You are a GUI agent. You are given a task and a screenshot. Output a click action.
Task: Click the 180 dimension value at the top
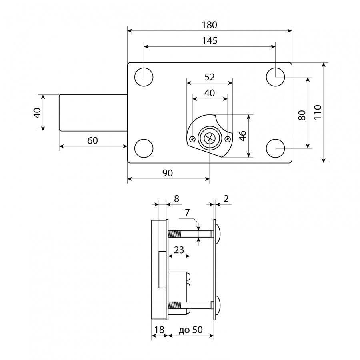tap(209, 25)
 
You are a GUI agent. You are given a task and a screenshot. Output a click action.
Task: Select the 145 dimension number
tap(209, 41)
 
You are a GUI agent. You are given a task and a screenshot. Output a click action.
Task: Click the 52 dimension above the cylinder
tap(210, 77)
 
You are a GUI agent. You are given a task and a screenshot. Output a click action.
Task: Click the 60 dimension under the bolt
tap(92, 140)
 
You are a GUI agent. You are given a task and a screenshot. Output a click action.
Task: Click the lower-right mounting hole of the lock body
tap(275, 148)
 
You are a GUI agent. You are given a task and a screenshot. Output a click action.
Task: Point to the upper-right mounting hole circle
tap(275, 77)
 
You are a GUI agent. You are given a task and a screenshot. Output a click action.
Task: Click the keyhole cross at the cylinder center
tap(210, 138)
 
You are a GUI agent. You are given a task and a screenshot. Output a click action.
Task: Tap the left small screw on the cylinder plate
tap(192, 139)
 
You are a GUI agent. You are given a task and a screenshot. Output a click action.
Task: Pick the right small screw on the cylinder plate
tap(228, 139)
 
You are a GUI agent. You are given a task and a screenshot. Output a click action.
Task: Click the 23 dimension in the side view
tap(179, 250)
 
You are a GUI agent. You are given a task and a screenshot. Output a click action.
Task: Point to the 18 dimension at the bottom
tap(159, 330)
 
